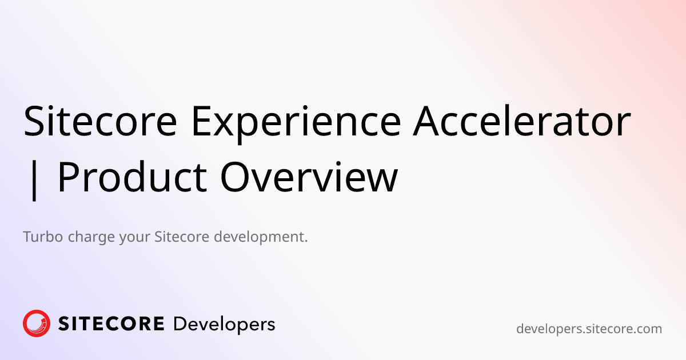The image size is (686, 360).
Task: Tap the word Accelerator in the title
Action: tap(522, 121)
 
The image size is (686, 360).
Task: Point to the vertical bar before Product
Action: tap(34, 178)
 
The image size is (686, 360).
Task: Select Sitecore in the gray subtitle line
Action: tap(182, 237)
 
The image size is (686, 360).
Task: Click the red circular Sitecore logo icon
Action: tap(37, 323)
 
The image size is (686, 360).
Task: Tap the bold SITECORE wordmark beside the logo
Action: tap(111, 324)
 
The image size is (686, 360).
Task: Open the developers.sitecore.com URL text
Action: tap(589, 329)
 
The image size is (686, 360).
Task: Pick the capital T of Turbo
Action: tap(27, 237)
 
